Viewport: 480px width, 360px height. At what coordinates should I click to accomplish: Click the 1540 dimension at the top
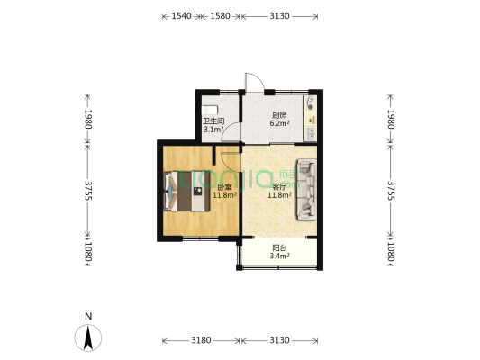tap(181, 16)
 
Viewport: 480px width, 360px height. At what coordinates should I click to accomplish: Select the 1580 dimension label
tap(220, 16)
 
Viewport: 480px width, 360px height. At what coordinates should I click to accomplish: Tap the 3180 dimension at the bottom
tap(201, 340)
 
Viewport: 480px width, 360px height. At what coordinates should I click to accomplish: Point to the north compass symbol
tap(88, 337)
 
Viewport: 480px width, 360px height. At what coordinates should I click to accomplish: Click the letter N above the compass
tap(88, 316)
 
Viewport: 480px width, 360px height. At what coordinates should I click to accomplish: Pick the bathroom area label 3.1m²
tap(213, 130)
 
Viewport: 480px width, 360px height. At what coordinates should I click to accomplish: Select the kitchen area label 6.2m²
tap(279, 123)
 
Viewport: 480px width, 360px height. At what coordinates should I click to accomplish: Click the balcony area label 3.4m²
tap(279, 256)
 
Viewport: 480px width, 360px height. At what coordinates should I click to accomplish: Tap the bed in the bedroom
tap(187, 191)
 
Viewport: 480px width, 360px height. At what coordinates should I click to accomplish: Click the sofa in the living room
tap(306, 189)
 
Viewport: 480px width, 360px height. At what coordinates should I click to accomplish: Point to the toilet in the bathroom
tap(210, 110)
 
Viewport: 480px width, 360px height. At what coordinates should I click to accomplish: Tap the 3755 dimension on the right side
tap(391, 191)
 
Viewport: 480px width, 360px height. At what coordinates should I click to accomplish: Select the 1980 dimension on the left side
tap(88, 120)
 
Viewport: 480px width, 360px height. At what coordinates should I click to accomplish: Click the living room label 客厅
tap(279, 187)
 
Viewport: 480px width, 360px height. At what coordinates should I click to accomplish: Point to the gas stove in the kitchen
tap(311, 103)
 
